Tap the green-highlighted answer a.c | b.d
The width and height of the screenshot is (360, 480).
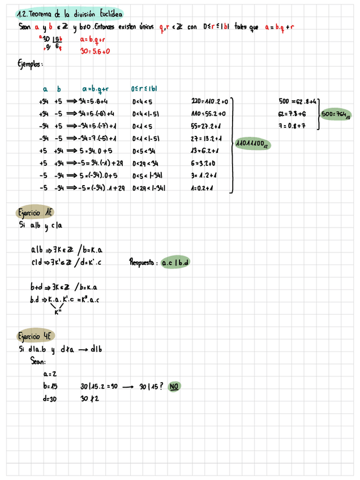click(175, 263)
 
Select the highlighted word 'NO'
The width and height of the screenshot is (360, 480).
click(174, 387)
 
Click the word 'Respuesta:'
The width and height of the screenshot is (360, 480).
click(144, 263)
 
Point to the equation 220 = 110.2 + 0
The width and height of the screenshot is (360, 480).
click(209, 101)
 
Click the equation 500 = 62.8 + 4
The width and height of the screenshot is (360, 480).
click(298, 101)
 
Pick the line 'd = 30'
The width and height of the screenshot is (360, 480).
click(50, 398)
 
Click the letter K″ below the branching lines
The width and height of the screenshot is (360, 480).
click(57, 311)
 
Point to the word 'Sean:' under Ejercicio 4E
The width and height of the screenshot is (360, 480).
click(38, 361)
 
